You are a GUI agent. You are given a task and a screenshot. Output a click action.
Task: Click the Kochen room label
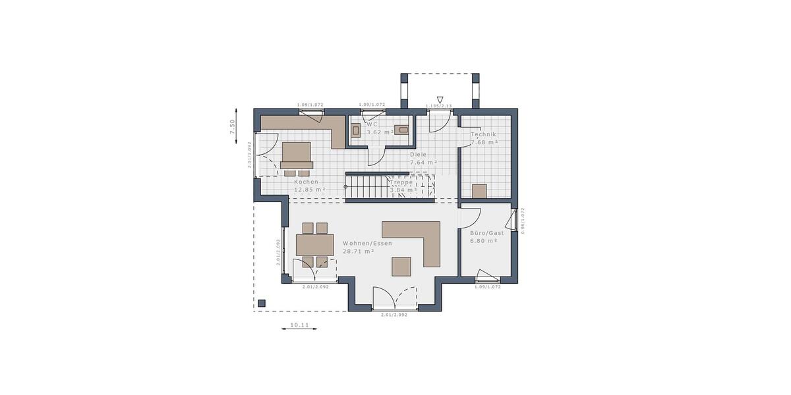[307, 182]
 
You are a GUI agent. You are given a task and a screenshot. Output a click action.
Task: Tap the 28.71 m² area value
[359, 251]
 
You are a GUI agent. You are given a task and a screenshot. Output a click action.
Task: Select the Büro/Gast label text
[486, 233]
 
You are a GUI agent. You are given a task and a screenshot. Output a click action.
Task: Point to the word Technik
[483, 134]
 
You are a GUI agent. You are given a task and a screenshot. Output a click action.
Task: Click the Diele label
[418, 155]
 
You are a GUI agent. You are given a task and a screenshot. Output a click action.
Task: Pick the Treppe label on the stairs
[401, 182]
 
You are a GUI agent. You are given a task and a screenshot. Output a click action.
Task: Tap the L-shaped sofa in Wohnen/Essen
[422, 238]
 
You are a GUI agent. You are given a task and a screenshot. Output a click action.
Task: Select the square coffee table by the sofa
[401, 266]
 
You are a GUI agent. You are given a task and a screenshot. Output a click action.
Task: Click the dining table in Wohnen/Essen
[315, 245]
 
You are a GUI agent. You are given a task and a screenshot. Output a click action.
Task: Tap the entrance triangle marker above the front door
[440, 100]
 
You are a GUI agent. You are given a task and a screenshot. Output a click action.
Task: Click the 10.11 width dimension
[299, 325]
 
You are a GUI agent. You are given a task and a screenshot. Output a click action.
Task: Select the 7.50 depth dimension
[232, 127]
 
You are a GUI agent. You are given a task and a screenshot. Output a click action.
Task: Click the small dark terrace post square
[262, 303]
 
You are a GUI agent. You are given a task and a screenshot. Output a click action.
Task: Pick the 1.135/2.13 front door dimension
[438, 106]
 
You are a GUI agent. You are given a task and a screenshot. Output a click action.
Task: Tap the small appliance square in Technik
[479, 192]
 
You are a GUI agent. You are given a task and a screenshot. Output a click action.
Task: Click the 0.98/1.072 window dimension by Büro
[522, 221]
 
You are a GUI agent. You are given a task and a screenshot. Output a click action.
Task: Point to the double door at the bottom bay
[394, 300]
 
